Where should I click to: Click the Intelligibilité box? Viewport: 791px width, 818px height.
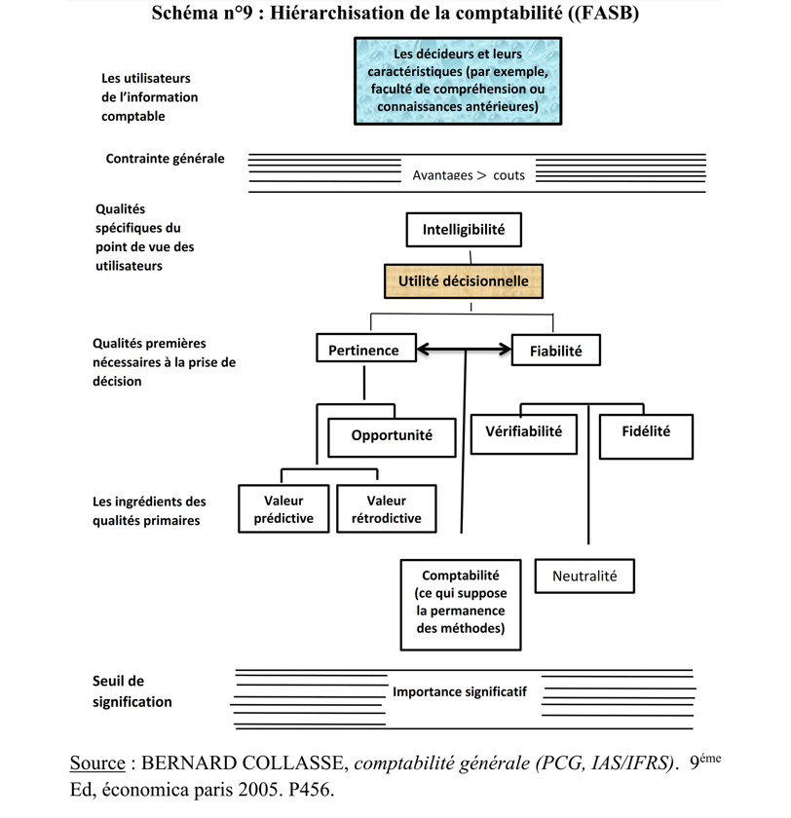(x=464, y=230)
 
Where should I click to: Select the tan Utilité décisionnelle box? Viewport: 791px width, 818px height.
(x=464, y=281)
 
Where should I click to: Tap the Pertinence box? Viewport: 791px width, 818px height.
(x=366, y=348)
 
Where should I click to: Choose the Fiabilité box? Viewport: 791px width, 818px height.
(x=555, y=350)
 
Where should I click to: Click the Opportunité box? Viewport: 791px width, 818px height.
(x=392, y=437)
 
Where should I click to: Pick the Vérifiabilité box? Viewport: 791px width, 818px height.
(x=524, y=434)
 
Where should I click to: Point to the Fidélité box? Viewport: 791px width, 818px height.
(x=646, y=436)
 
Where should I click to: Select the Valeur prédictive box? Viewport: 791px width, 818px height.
(x=283, y=508)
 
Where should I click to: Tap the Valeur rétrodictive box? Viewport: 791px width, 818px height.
(x=386, y=508)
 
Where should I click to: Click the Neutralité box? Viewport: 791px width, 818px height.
(x=584, y=576)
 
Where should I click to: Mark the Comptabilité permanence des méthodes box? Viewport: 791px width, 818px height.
(x=460, y=605)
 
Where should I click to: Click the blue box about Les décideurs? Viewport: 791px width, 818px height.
(x=458, y=81)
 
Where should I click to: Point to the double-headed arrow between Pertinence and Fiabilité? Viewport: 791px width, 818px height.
(x=464, y=349)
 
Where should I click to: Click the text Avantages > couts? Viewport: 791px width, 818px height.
(x=469, y=175)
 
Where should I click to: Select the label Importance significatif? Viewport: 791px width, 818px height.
(x=460, y=691)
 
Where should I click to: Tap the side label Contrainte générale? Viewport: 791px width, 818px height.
(x=165, y=159)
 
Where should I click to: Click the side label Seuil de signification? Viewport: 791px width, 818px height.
(x=132, y=691)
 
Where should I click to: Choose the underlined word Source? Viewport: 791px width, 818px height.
(x=97, y=762)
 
